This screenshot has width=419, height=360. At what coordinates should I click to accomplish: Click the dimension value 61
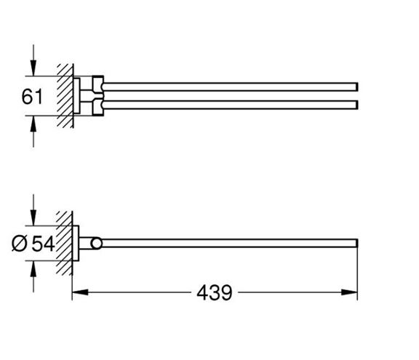(x=32, y=97)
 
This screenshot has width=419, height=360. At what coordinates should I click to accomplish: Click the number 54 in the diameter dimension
(x=44, y=244)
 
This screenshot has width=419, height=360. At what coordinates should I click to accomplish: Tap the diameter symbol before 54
(x=20, y=244)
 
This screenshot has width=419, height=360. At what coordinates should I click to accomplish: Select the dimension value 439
(x=215, y=292)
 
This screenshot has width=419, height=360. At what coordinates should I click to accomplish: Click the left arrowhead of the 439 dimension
(x=80, y=292)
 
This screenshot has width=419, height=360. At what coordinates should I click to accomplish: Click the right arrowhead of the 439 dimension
(x=349, y=292)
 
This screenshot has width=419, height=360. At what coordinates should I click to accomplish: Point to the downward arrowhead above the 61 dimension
(x=33, y=68)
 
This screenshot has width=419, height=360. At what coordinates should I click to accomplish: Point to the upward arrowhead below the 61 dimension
(x=33, y=124)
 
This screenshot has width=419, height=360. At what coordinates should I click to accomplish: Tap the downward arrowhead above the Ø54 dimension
(x=33, y=217)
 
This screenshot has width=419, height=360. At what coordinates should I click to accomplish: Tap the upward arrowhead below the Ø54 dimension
(x=33, y=268)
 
